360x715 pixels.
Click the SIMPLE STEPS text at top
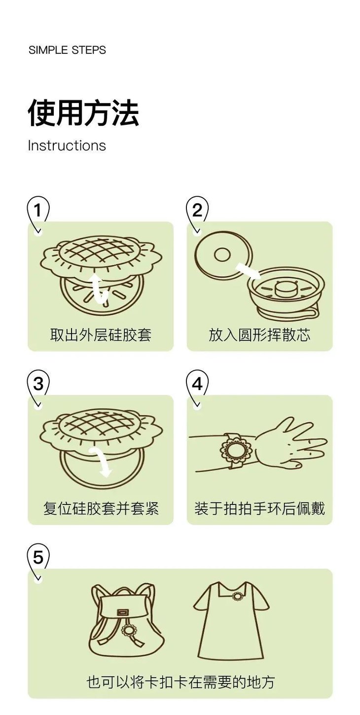[67, 50]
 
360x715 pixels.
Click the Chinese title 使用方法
[83, 113]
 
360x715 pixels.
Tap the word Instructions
[67, 145]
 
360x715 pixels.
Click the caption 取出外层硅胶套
[101, 335]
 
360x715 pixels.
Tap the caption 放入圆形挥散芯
[259, 335]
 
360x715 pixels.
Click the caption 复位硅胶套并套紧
[101, 508]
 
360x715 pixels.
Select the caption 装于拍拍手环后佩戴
[259, 508]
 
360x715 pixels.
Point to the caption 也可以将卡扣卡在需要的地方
[180, 682]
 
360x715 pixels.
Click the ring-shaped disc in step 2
[223, 255]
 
